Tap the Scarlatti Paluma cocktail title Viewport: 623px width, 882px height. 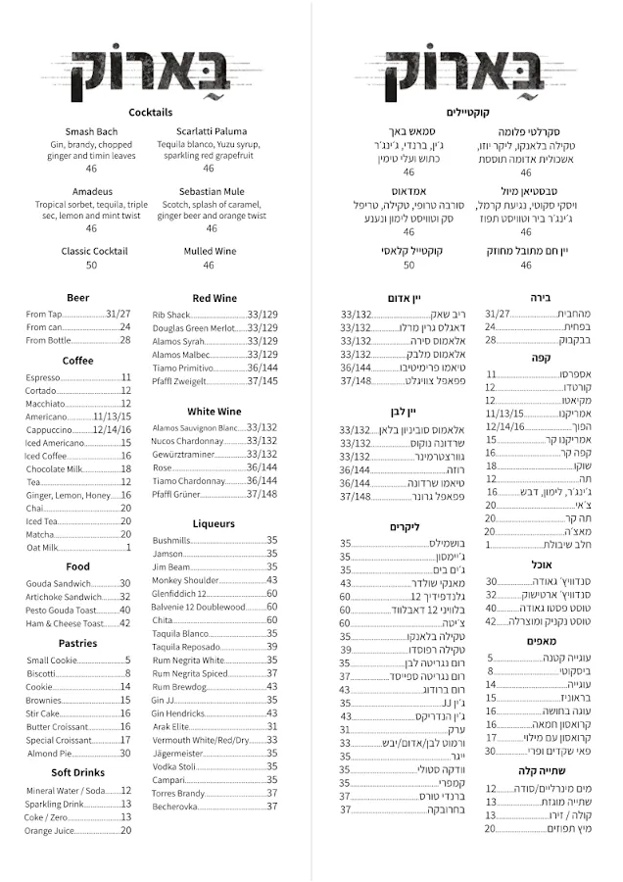click(212, 131)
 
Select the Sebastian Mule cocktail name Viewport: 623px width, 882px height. click(212, 191)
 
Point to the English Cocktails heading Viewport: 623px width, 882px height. click(150, 113)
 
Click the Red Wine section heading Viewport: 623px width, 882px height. click(215, 297)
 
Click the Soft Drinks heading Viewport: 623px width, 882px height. click(78, 772)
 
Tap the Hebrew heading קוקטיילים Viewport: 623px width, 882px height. click(466, 113)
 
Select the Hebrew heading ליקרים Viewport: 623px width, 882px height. click(404, 526)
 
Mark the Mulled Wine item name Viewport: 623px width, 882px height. click(209, 251)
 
